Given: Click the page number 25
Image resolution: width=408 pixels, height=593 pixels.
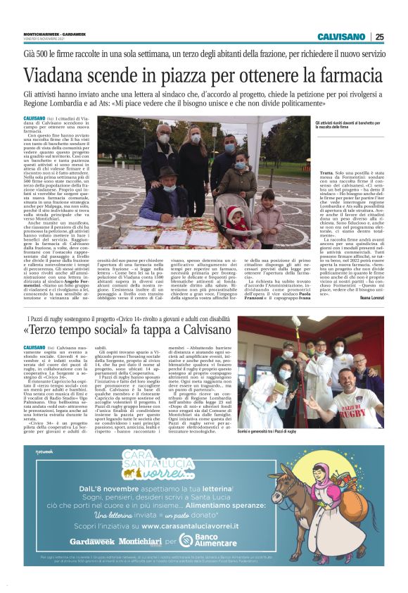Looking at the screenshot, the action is [x=379, y=37].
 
